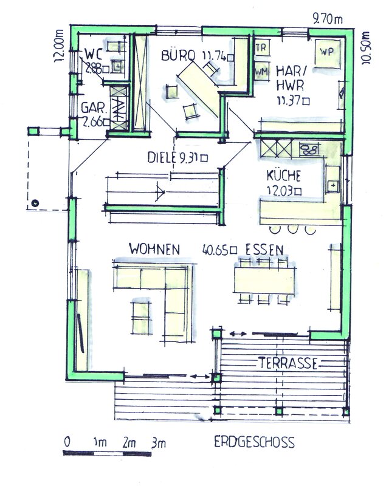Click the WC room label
coord(94,55)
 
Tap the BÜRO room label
coord(178,55)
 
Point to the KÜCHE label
coord(283,176)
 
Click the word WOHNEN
coord(154,249)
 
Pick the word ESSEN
coord(264,250)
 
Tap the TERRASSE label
coord(288,363)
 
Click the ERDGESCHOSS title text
coord(254,442)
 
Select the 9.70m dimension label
coord(328,19)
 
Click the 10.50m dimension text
coord(366,48)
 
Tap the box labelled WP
coord(328,53)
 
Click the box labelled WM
coord(261,72)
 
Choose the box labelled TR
coord(261,48)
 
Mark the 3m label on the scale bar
coord(159,443)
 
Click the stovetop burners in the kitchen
coord(309,149)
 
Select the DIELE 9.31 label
coord(177,157)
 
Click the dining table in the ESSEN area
coord(264,281)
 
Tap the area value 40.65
coord(220,250)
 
